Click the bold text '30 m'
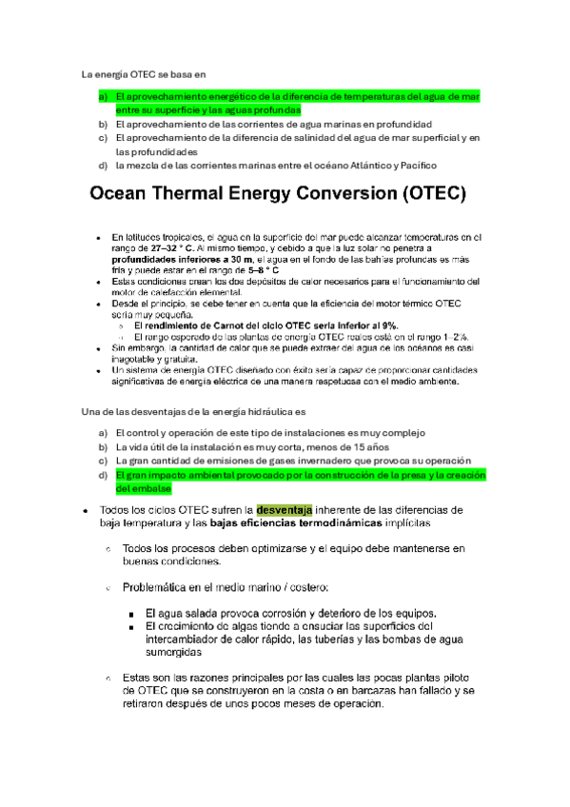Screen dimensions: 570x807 [x=240, y=258]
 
